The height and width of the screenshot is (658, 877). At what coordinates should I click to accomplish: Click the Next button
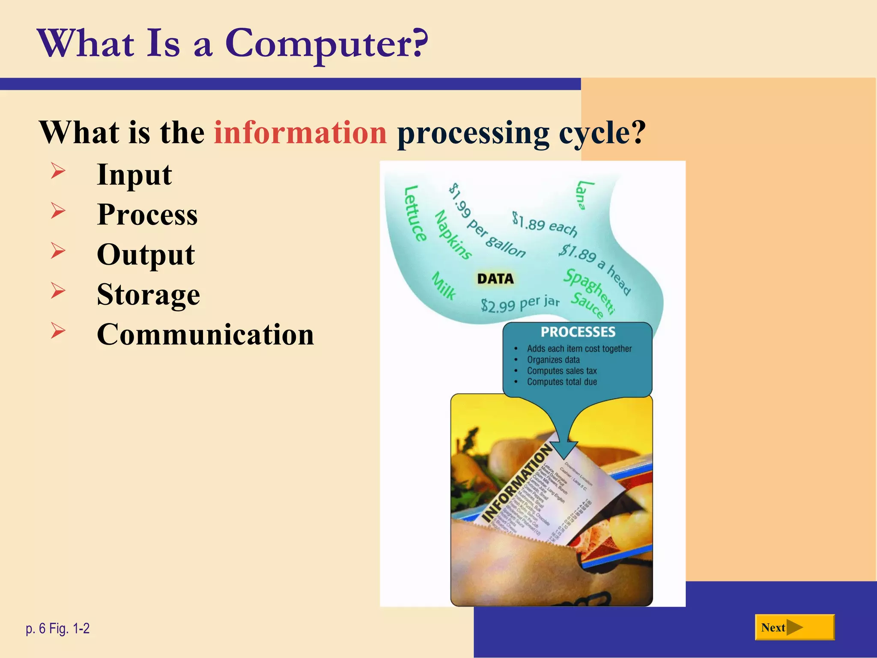click(x=794, y=628)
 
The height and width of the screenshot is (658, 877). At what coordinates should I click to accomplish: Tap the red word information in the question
click(x=300, y=133)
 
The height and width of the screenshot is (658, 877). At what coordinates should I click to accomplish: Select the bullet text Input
click(x=134, y=175)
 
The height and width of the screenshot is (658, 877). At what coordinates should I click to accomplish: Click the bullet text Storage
click(x=148, y=295)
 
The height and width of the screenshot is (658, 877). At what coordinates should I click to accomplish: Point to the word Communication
click(x=205, y=335)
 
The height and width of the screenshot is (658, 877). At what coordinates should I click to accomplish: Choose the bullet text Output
click(x=146, y=255)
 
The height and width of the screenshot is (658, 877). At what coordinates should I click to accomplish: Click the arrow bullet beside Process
click(x=58, y=211)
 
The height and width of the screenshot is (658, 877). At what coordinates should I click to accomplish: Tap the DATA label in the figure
click(x=495, y=279)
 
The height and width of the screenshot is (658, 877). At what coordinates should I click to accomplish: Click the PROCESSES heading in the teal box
click(x=578, y=332)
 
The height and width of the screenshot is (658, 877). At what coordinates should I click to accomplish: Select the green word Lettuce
click(x=415, y=213)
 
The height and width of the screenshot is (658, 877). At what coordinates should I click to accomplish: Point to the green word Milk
click(x=444, y=286)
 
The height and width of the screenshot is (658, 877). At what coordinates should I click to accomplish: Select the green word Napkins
click(x=453, y=235)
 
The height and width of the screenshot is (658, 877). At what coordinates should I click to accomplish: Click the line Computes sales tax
click(x=561, y=371)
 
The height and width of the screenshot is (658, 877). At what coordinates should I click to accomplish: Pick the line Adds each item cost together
click(x=579, y=349)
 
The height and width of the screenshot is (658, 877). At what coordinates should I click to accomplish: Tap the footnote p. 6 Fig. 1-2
click(x=58, y=628)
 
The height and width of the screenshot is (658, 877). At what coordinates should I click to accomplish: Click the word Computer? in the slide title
click(x=326, y=44)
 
